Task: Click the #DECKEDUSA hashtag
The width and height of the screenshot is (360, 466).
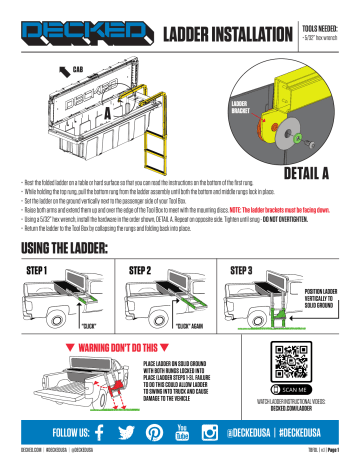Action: coord(319,433)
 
